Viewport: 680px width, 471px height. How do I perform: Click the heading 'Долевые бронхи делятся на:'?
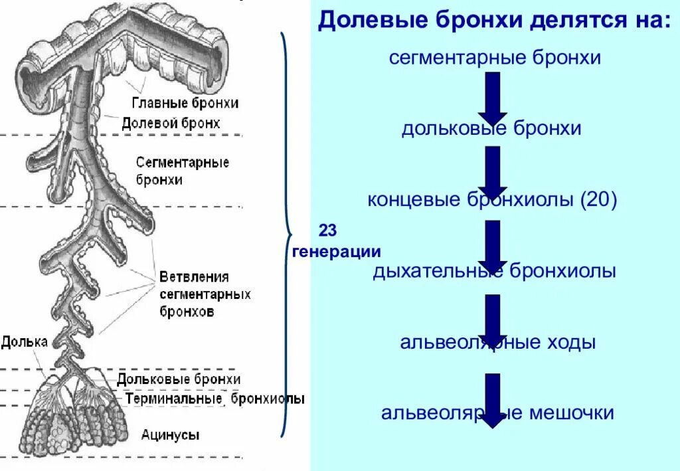pos(494,20)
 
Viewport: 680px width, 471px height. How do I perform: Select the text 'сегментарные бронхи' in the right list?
pos(495,58)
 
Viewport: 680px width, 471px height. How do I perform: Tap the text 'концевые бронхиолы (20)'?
pos(492,199)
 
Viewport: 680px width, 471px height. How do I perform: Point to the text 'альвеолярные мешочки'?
pos(497,413)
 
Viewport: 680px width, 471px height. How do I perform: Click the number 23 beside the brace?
pos(329,231)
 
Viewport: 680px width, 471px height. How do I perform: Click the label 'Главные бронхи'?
pos(185,103)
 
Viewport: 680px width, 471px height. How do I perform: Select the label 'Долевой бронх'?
pos(171,123)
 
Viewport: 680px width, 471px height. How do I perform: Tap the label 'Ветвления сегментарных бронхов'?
pos(205,294)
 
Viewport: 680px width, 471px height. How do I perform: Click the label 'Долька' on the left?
pos(24,342)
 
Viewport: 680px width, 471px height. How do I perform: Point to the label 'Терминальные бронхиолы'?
pos(214,399)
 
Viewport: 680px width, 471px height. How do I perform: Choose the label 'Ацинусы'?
pos(170,435)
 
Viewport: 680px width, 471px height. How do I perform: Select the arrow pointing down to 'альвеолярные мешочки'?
pos(492,399)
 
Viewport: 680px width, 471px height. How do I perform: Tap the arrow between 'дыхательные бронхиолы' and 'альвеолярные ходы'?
pos(492,320)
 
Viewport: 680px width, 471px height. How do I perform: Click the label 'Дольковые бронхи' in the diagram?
pos(178,379)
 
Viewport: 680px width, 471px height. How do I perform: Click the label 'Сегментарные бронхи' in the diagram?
pos(182,171)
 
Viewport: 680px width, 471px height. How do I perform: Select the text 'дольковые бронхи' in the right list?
pos(491,128)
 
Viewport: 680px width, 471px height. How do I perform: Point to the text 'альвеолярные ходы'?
pos(497,343)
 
